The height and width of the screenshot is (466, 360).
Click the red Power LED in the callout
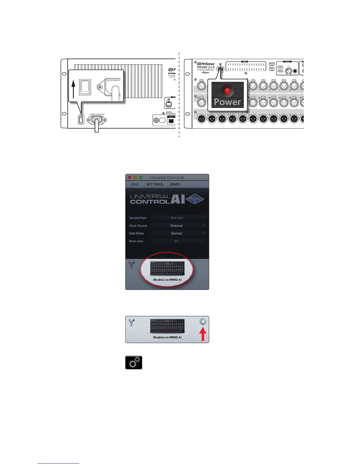(x=227, y=91)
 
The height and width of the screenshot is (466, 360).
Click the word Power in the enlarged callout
(x=227, y=102)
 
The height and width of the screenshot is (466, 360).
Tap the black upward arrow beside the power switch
(x=74, y=89)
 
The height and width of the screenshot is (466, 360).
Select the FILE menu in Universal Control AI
(x=135, y=184)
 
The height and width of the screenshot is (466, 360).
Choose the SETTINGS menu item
(x=155, y=184)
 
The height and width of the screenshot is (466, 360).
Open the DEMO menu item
(x=174, y=184)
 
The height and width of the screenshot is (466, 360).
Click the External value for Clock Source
(x=176, y=226)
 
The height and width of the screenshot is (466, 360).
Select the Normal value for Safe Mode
(x=176, y=233)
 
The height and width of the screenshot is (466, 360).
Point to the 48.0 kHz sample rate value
(x=176, y=218)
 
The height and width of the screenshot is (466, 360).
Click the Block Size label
(x=136, y=241)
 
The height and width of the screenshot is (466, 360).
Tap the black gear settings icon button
(x=134, y=363)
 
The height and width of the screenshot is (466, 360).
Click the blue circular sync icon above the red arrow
(x=203, y=322)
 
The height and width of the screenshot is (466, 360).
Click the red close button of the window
(x=129, y=177)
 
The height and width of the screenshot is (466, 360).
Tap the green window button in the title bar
(x=141, y=177)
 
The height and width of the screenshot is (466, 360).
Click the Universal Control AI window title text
(x=167, y=177)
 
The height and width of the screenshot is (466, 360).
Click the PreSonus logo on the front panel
(x=206, y=64)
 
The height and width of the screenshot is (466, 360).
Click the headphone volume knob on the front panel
(x=289, y=71)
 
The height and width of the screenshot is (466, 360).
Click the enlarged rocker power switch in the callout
(x=85, y=87)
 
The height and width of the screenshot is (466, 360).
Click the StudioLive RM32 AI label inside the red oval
(x=167, y=280)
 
